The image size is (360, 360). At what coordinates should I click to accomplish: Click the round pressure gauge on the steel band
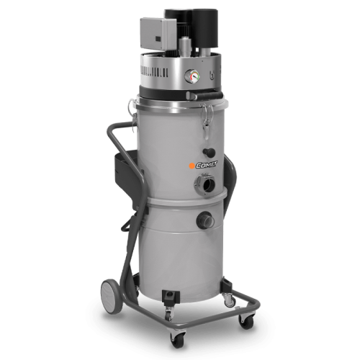192,76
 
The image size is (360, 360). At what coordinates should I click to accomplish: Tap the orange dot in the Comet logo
192,166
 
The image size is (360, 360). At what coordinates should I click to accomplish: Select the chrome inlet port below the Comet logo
204,184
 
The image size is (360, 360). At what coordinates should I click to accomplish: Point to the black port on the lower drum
205,219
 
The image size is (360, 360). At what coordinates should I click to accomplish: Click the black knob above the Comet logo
209,152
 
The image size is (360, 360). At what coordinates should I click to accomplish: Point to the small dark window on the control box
158,38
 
